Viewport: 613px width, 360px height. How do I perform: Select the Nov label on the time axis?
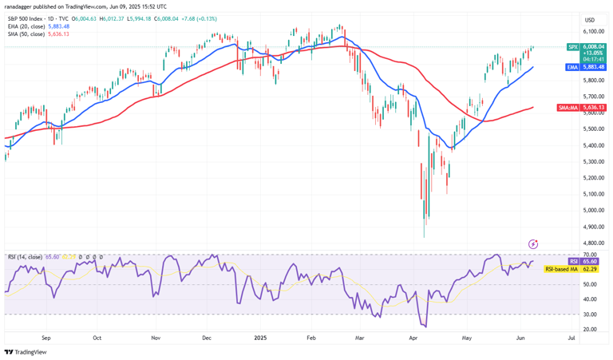pyautogui.click(x=156, y=338)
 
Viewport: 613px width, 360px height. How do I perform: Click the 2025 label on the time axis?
pyautogui.click(x=261, y=338)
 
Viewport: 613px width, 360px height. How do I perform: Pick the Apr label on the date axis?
pyautogui.click(x=415, y=338)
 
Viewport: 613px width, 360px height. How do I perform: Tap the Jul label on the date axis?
pyautogui.click(x=571, y=338)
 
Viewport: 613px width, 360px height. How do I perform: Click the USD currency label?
pyautogui.click(x=590, y=20)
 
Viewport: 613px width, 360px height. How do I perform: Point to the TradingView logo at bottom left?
pyautogui.click(x=25, y=352)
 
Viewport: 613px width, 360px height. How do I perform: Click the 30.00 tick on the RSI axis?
pyautogui.click(x=590, y=314)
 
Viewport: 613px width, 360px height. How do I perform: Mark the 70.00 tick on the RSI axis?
pyautogui.click(x=590, y=255)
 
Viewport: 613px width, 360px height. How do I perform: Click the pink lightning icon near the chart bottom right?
pyautogui.click(x=533, y=243)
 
